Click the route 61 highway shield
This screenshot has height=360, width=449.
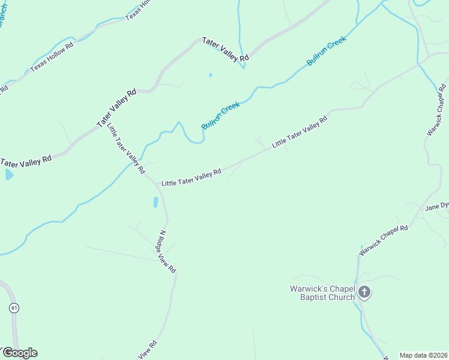coord(14,308)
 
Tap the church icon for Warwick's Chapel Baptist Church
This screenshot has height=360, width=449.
coord(364,293)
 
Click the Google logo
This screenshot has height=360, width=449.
coord(19,353)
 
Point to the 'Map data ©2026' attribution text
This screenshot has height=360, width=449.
coord(423,355)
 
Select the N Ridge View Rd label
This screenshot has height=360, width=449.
coord(167,252)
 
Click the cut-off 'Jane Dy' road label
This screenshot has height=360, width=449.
coord(437,206)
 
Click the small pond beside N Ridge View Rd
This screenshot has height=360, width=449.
coord(155,202)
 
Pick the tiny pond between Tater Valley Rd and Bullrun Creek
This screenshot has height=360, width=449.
coord(210,75)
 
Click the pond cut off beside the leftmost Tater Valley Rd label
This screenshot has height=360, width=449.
coord(8,175)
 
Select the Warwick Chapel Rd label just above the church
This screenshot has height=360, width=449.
coord(384,240)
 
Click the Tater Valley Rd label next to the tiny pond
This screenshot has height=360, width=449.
coord(226,49)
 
